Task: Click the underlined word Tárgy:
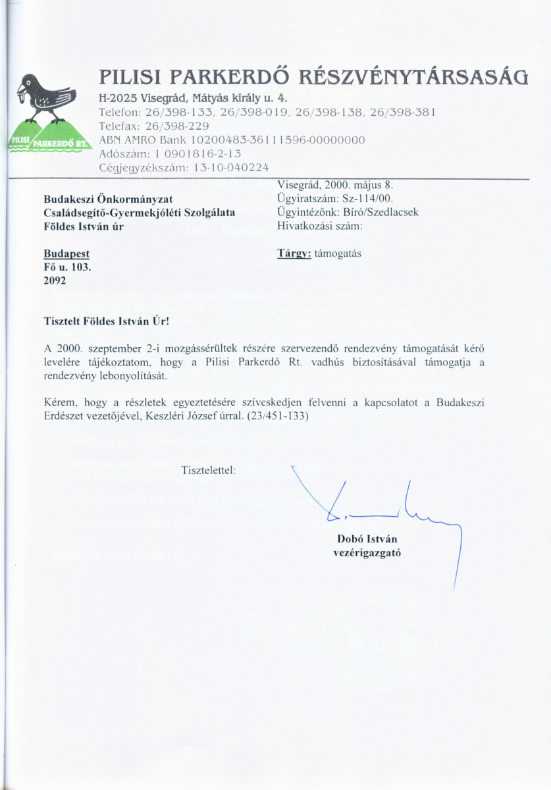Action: (x=294, y=253)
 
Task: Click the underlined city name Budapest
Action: (x=66, y=253)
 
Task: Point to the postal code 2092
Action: (x=55, y=281)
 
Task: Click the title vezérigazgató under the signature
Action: (x=367, y=553)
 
